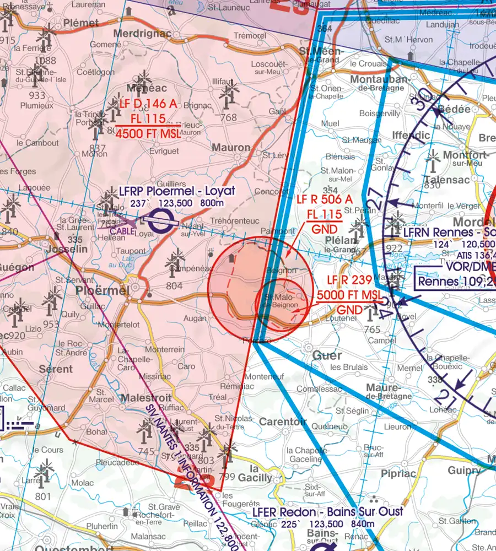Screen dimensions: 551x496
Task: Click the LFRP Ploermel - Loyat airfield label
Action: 176,191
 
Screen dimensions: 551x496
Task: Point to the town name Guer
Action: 327,355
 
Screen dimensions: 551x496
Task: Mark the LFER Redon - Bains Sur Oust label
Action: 327,511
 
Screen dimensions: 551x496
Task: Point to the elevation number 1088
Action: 45,61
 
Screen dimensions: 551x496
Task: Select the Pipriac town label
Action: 397,473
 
